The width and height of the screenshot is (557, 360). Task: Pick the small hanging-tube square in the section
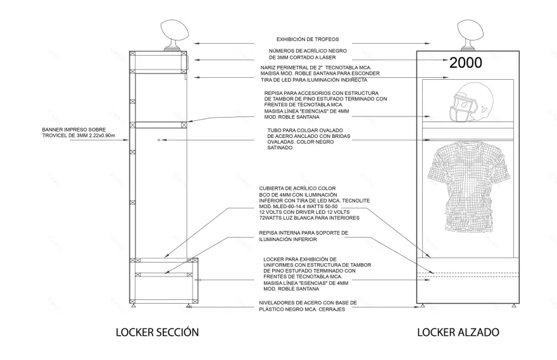[x=159, y=139]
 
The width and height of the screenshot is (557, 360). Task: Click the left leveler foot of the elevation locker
[x=422, y=306]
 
